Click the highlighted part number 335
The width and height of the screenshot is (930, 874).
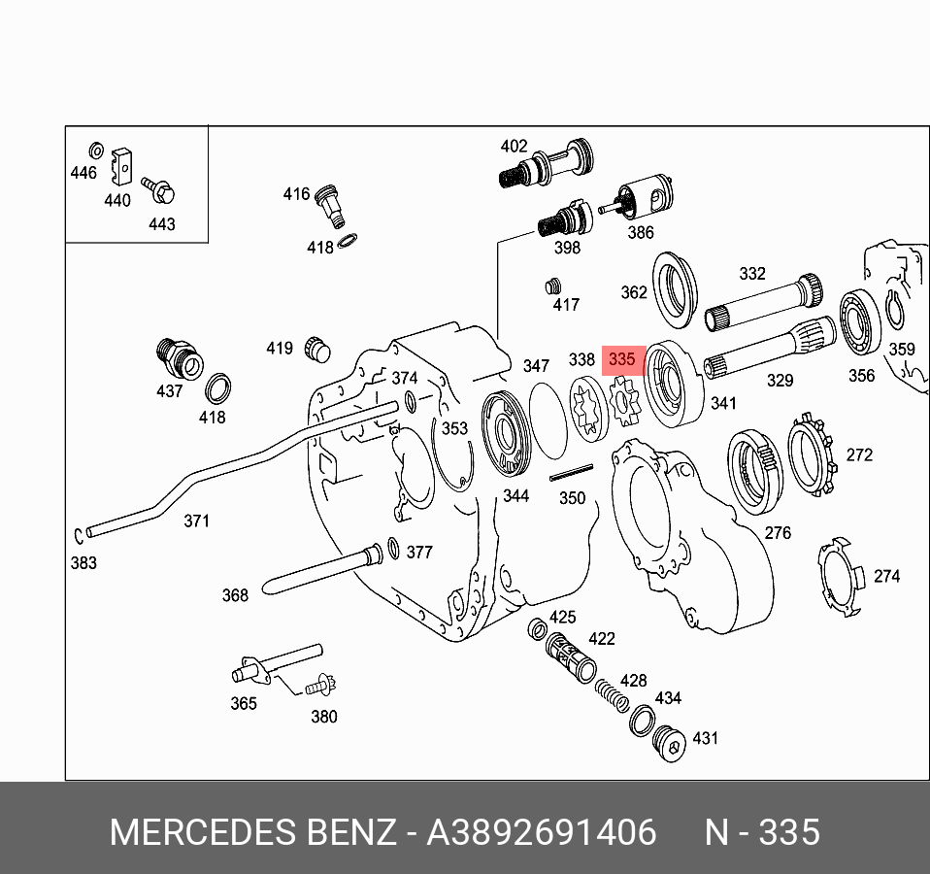tap(621, 359)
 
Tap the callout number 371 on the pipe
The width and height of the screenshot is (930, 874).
tap(196, 521)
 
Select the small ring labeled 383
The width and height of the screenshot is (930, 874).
tap(77, 534)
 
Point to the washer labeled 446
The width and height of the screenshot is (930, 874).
tap(96, 151)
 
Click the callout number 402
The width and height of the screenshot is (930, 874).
tap(514, 147)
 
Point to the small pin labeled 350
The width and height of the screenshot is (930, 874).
tap(570, 474)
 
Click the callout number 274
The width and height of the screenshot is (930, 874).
tap(886, 576)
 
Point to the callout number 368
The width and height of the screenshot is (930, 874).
tap(235, 595)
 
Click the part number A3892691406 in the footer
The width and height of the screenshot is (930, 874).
tap(542, 833)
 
